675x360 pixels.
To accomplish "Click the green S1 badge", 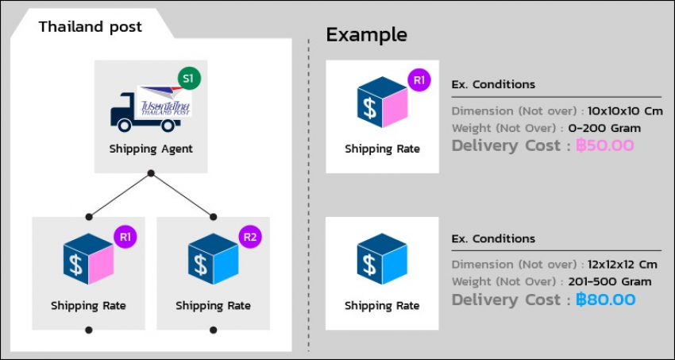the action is point(190,79).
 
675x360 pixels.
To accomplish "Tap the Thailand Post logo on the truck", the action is point(164,101).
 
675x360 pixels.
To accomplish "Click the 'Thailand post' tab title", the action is point(91,27).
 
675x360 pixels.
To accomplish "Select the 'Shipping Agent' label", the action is point(151,149).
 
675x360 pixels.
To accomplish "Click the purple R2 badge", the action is point(250,238).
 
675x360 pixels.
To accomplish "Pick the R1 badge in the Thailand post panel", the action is point(125,236).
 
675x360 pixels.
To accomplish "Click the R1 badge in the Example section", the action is point(418,80).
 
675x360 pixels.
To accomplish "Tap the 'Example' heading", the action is point(366,35).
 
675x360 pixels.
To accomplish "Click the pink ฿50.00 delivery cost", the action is point(605,145).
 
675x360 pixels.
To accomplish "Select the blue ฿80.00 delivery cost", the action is point(605,300).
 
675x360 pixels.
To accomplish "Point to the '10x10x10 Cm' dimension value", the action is point(625,111).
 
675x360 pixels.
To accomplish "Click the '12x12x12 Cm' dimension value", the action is point(622,265).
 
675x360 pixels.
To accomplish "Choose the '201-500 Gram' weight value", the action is point(610,281).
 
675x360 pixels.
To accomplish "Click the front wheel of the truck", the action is point(124,125).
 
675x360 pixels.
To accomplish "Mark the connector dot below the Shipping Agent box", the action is point(151,173).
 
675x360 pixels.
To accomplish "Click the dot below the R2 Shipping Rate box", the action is point(213,330).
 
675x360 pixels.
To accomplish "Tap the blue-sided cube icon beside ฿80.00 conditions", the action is point(382,259).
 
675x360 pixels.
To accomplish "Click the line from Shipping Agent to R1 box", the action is point(120,195).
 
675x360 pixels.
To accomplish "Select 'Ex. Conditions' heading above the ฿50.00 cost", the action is point(493,84).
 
